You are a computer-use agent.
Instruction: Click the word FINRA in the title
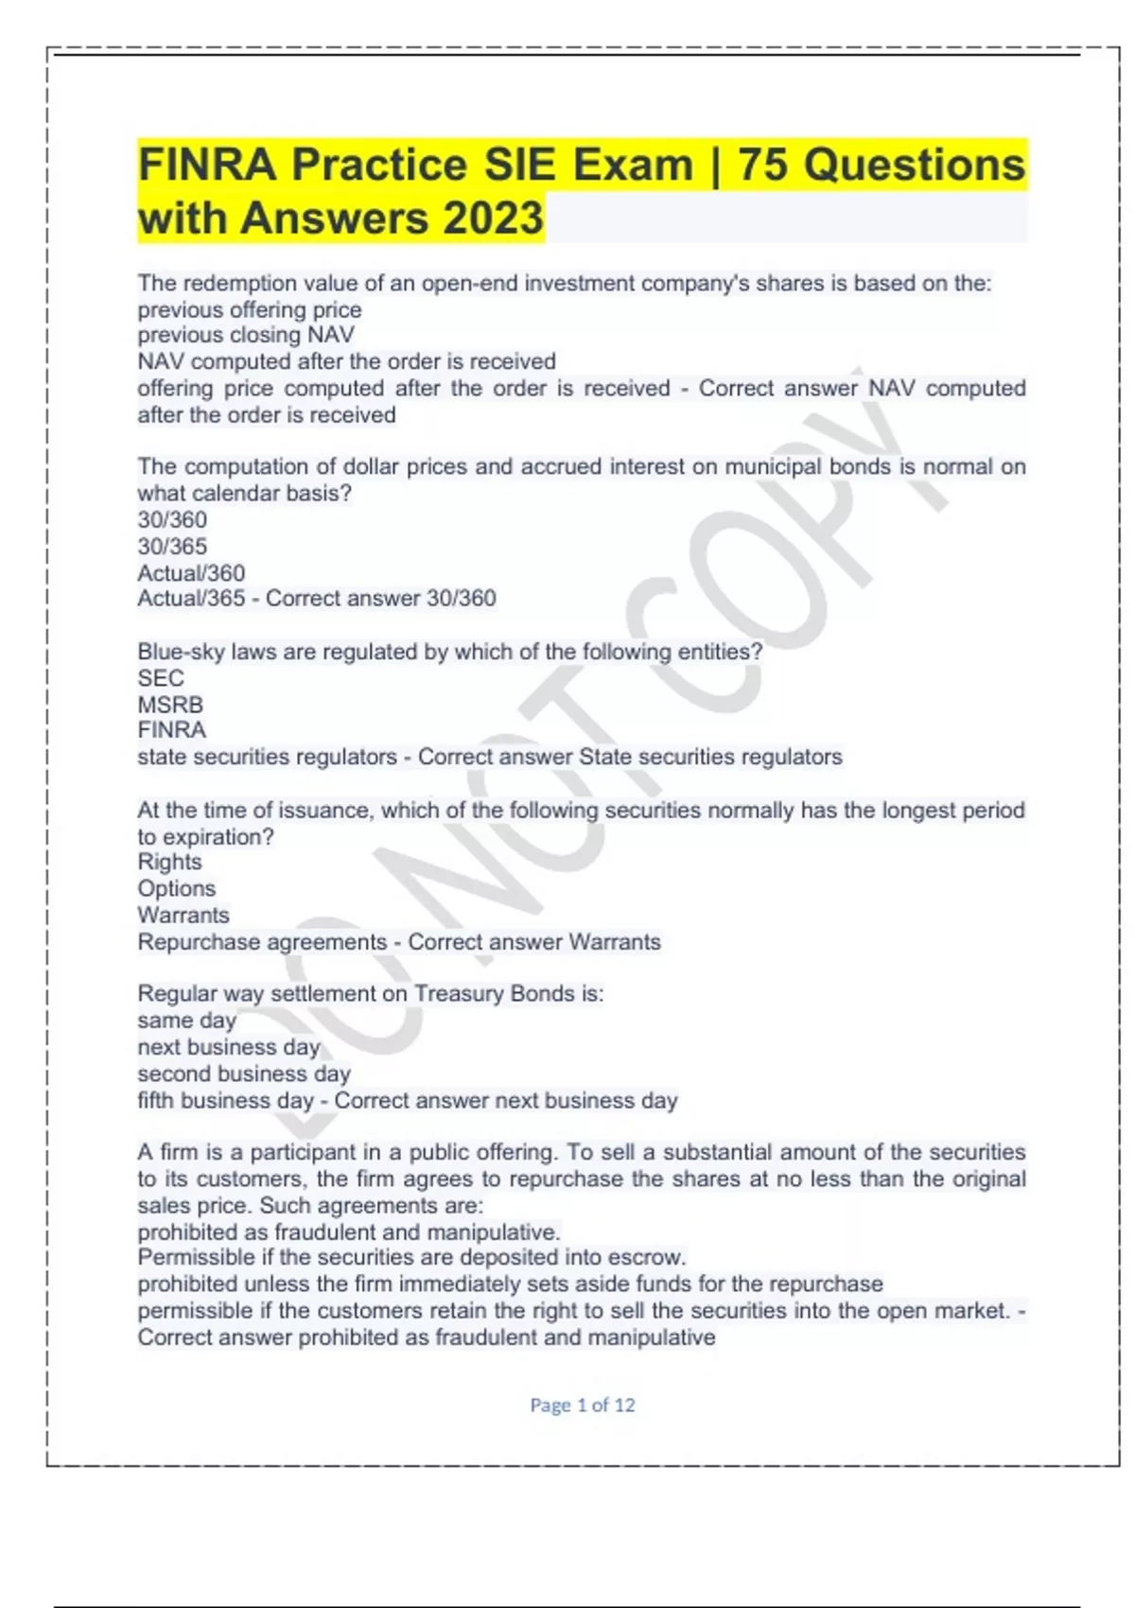click(x=207, y=165)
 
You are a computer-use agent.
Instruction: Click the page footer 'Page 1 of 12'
click(x=582, y=1405)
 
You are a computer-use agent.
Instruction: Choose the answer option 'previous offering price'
click(x=250, y=309)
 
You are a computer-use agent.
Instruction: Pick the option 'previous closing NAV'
click(x=246, y=335)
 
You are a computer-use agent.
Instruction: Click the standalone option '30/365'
click(x=172, y=546)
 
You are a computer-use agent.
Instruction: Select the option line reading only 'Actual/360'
click(x=191, y=572)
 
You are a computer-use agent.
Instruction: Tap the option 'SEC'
click(x=161, y=678)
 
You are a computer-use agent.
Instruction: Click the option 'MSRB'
click(x=170, y=705)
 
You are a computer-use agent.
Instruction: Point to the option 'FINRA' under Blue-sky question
click(x=171, y=729)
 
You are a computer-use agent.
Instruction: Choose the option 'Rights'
click(x=169, y=862)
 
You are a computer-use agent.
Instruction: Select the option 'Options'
click(x=176, y=888)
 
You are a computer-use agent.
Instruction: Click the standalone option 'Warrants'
click(x=183, y=915)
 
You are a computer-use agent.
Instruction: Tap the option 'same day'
click(x=186, y=1021)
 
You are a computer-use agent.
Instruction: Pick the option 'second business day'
click(x=244, y=1074)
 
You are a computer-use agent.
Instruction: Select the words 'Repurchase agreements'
click(x=262, y=942)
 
